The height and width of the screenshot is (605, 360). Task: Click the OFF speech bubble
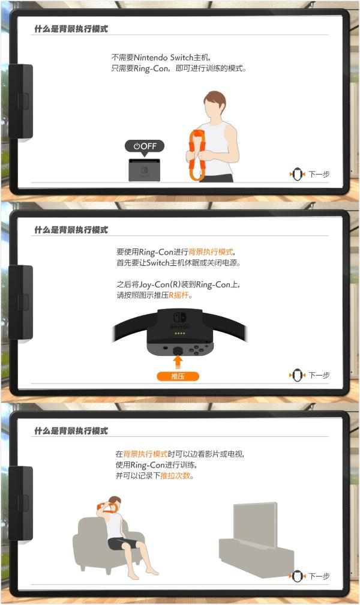(145, 146)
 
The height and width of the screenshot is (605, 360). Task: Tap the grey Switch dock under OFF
(145, 169)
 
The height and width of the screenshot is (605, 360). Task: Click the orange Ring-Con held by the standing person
(196, 155)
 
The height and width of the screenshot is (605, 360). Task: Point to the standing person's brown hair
(215, 100)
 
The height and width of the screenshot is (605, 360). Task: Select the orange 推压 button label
(178, 376)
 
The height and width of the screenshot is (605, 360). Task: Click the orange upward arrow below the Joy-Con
(178, 362)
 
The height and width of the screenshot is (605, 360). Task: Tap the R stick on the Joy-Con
(178, 351)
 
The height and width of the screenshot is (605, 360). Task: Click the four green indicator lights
(180, 333)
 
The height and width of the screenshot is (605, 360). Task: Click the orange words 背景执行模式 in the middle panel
(211, 252)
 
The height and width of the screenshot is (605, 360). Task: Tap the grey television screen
(254, 524)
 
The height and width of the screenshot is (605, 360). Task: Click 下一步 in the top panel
(319, 175)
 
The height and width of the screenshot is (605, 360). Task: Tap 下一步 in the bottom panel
(319, 576)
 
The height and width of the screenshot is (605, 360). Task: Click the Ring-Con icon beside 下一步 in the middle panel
(297, 376)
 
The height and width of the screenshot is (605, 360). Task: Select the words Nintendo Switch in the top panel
(163, 58)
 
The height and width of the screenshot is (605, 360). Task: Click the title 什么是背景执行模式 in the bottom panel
(71, 430)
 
